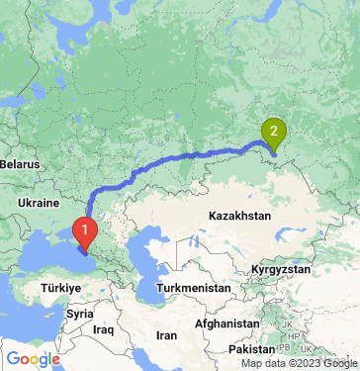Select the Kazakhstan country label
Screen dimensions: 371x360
(241, 215)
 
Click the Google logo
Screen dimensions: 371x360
(32, 359)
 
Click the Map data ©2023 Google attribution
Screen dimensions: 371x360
(298, 363)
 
